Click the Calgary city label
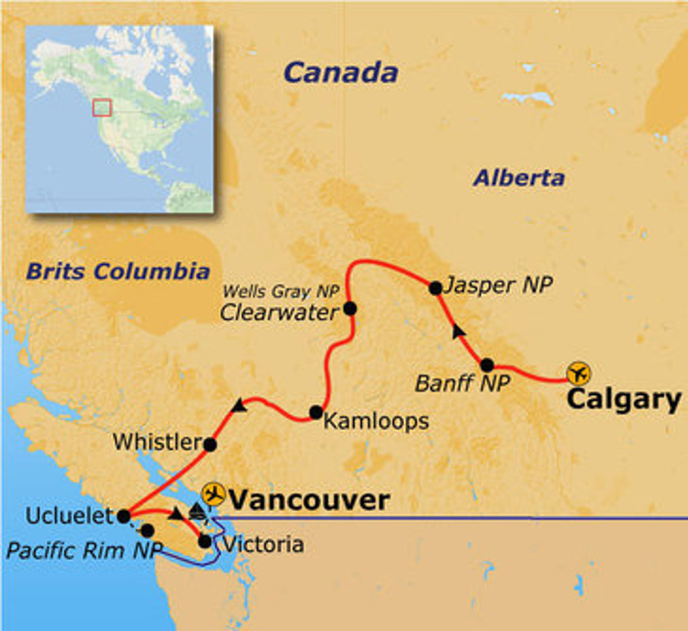point(623,399)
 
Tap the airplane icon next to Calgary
point(578,373)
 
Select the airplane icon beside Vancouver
point(214,493)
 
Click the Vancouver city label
point(309,500)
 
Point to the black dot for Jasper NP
point(435,288)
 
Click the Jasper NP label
point(499,285)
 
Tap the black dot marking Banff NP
point(487,365)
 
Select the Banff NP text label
point(462,383)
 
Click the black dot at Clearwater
point(349,309)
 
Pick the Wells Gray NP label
point(280,292)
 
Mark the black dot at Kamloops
point(316,412)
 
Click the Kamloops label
point(376,422)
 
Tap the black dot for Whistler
point(210,444)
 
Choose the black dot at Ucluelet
point(124,516)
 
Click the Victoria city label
point(263,544)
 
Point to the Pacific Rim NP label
point(84,550)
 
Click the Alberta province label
point(519,178)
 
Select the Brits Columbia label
point(118,271)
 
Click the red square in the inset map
point(101,107)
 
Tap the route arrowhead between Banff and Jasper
point(458,330)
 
